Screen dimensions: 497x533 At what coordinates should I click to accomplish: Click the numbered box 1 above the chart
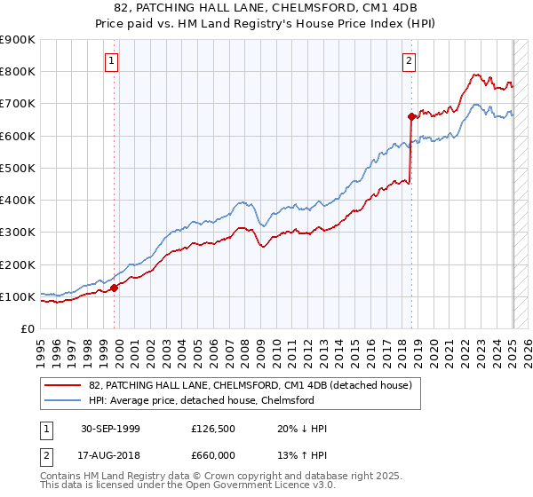112,61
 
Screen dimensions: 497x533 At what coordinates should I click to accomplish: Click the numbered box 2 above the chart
409,61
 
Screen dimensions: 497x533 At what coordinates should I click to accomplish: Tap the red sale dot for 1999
115,288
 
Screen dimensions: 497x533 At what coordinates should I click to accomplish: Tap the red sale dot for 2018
411,116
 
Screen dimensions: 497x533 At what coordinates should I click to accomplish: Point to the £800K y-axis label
18,72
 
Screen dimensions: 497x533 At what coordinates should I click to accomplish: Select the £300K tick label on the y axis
18,233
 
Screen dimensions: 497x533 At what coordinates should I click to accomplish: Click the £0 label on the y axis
27,329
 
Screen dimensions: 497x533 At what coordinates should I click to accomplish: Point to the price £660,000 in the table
213,454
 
